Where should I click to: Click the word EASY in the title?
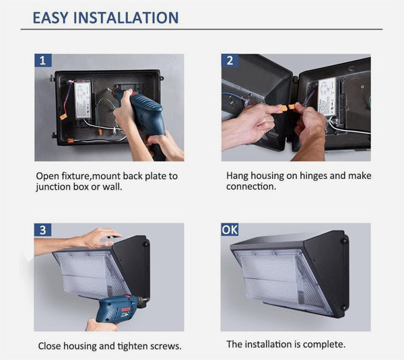50,17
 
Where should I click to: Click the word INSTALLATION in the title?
126,17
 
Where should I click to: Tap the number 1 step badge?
43,61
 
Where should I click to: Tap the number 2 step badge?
230,61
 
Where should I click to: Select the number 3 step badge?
43,229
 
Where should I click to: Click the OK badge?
230,229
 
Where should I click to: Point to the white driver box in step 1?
83,100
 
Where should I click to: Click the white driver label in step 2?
327,97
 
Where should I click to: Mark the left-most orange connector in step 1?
63,117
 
